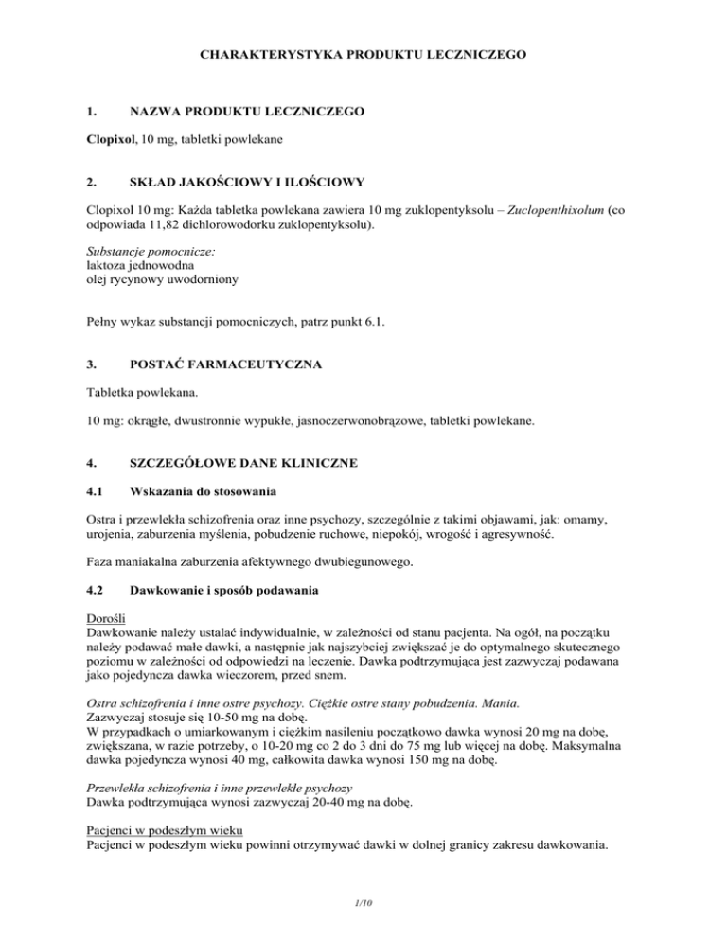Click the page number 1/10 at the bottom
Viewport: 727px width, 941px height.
click(363, 904)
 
